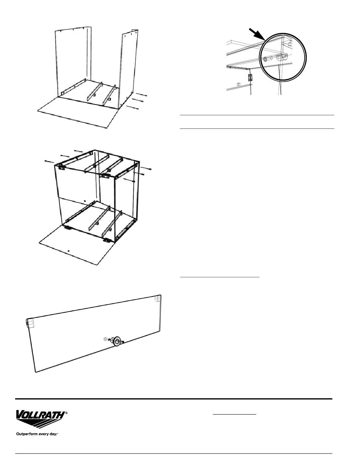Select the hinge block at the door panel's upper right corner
click(158, 299)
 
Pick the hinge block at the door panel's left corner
click(30, 323)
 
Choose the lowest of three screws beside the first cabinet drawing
click(133, 108)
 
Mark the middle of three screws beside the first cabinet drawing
click(137, 101)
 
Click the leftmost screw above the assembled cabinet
click(49, 161)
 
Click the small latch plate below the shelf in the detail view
click(250, 78)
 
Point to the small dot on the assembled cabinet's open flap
click(68, 251)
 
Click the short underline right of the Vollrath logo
click(234, 415)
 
